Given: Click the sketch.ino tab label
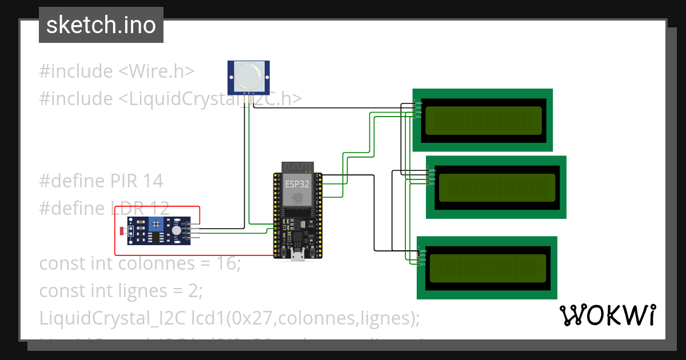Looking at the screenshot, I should pos(101,25).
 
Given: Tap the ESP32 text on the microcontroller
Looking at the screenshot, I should pos(297,184).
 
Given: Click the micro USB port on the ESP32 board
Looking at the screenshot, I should pos(297,254).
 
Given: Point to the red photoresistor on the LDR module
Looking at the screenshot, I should pos(121,231).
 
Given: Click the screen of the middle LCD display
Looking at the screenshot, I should pos(496,187).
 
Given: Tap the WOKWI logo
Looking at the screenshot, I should pos(607,315).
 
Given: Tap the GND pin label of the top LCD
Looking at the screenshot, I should pos(418,103).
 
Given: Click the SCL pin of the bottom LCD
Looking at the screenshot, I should pos(423,264).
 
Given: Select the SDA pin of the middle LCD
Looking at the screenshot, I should pos(432,179).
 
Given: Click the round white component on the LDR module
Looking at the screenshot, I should pos(177,231).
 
